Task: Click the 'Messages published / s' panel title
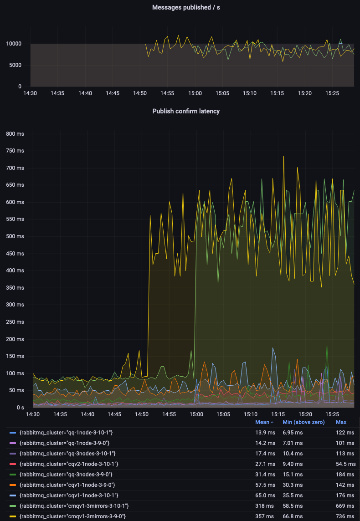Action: [x=186, y=7]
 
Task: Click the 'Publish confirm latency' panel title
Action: [x=186, y=111]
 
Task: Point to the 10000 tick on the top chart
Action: [x=13, y=44]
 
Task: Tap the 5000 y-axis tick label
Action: [x=15, y=65]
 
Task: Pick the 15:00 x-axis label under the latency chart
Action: [x=196, y=414]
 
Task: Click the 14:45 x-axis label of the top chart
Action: [x=113, y=93]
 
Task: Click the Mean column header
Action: [x=264, y=422]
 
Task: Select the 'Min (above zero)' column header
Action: [x=303, y=422]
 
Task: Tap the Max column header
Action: [x=341, y=422]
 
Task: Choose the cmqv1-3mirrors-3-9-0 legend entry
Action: [x=72, y=516]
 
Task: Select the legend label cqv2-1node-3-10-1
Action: [x=69, y=464]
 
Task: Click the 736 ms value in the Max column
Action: [x=345, y=516]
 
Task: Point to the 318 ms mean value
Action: [x=265, y=506]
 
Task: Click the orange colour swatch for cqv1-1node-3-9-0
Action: [x=13, y=485]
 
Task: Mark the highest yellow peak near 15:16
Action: [x=283, y=156]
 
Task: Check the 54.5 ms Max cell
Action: [x=345, y=464]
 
